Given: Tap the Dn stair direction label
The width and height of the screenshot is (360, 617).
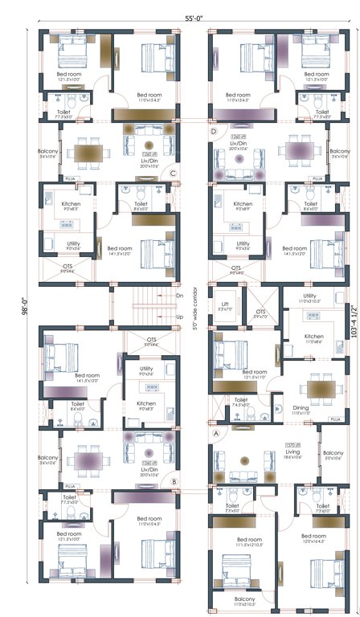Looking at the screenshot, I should point(179,296).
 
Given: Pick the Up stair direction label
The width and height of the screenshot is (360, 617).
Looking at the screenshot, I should point(179,317).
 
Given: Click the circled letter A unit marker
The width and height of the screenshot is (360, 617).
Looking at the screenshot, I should point(215,431).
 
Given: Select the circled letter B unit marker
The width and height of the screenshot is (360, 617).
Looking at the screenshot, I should point(174,482).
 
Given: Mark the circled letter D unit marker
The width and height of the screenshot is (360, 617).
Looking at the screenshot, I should point(214,130).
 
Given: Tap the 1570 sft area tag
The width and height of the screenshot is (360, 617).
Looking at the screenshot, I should point(292,445).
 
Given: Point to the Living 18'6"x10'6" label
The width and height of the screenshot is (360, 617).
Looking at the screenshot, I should point(292,455).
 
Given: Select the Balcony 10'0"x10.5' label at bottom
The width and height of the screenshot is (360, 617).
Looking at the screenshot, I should point(244,601).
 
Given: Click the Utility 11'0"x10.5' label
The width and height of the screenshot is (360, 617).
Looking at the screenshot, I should point(309,298).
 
